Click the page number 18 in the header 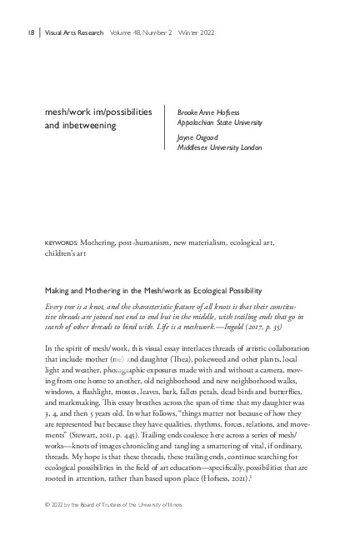click(x=30, y=33)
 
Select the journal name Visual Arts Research click(x=74, y=33)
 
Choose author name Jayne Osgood click(x=200, y=138)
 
